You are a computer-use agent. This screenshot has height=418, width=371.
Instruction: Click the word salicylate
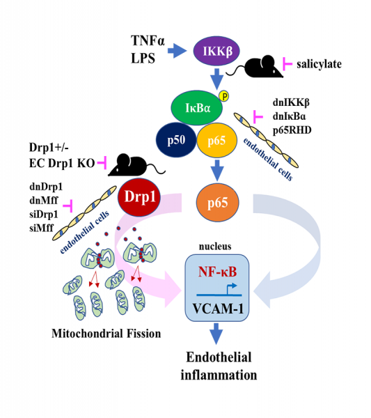[x=321, y=64]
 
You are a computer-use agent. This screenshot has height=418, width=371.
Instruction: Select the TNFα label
[x=147, y=40]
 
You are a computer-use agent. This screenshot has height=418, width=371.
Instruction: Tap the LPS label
[x=143, y=59]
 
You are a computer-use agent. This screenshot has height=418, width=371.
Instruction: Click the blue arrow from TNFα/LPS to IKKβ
[x=180, y=50]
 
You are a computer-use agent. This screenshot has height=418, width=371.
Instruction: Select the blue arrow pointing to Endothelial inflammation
[x=219, y=335]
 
